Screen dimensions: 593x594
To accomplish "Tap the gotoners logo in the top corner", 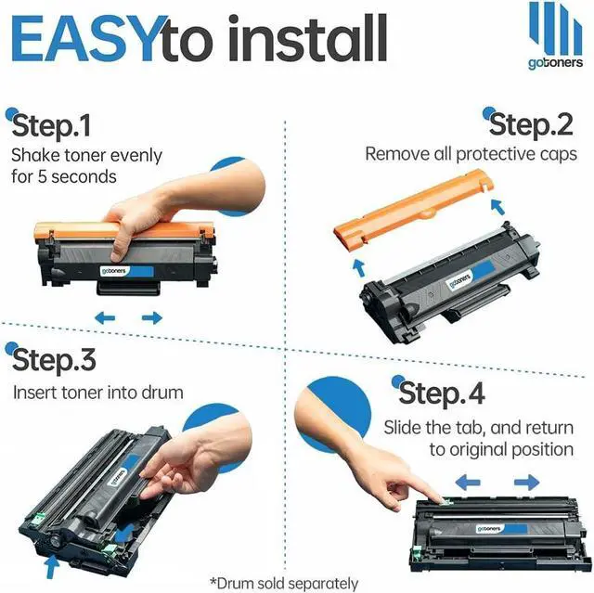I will (554, 37).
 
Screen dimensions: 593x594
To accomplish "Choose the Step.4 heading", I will (441, 393).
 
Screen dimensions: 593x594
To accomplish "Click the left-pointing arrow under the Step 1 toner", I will (105, 317).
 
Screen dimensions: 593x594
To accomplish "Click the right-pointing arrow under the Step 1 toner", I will (151, 317).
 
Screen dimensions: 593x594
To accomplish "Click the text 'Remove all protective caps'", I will (471, 153).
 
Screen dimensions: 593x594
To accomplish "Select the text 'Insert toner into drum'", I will (98, 392).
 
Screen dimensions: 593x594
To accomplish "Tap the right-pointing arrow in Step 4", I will (526, 483).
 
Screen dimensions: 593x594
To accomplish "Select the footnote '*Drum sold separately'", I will (283, 583).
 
